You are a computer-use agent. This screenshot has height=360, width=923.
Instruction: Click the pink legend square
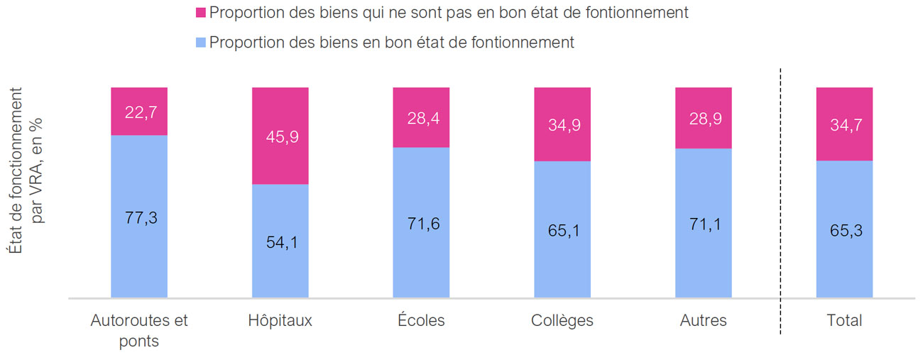pyautogui.click(x=200, y=13)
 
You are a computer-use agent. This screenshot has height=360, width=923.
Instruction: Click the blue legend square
pyautogui.click(x=200, y=43)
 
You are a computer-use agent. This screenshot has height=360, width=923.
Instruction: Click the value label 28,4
pyautogui.click(x=421, y=117)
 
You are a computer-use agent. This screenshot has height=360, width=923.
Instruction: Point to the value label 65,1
pyautogui.click(x=562, y=231)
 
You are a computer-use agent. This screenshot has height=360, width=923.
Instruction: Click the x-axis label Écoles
pyautogui.click(x=421, y=320)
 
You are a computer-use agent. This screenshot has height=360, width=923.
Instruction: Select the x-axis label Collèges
pyautogui.click(x=562, y=320)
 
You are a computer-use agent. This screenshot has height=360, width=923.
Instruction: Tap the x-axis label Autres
pyautogui.click(x=703, y=320)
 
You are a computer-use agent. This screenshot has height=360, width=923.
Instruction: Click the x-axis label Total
pyautogui.click(x=844, y=320)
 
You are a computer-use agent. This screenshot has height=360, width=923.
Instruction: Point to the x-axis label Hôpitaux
pyautogui.click(x=280, y=320)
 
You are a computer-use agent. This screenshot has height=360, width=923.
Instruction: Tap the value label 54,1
pyautogui.click(x=280, y=243)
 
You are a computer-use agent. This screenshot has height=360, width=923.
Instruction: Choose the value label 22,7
pyautogui.click(x=139, y=111)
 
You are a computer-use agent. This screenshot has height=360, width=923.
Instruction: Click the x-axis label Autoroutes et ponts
pyautogui.click(x=139, y=330)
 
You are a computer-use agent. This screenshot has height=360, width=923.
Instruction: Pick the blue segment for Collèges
pyautogui.click(x=562, y=270)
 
